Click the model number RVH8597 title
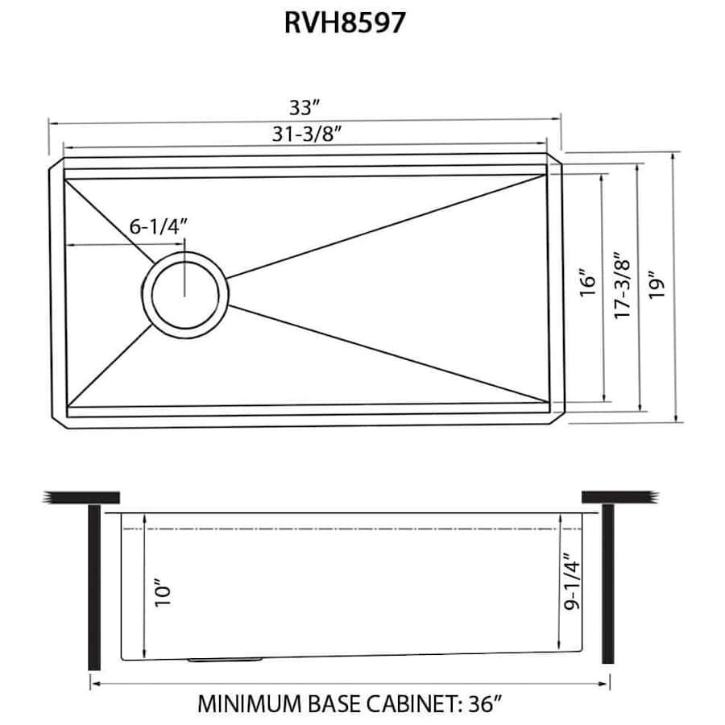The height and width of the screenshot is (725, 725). (x=344, y=23)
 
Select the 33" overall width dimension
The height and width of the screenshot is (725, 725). (x=305, y=108)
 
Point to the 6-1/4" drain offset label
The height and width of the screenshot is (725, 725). (x=159, y=227)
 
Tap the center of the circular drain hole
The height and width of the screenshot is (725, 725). (x=184, y=293)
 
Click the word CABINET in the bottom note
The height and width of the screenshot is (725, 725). (x=406, y=704)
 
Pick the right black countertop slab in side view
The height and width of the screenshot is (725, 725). (x=619, y=497)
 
